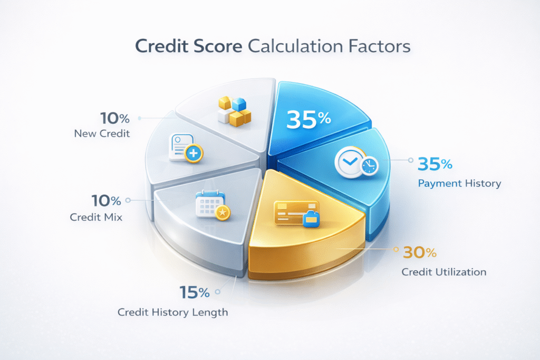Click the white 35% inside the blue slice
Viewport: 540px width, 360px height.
click(308, 120)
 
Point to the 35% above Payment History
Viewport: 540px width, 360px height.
click(435, 164)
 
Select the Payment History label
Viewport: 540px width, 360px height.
click(459, 184)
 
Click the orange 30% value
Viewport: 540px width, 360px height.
click(420, 253)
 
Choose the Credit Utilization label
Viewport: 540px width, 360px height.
click(443, 272)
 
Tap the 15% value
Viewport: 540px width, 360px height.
click(195, 292)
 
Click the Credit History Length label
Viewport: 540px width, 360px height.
click(173, 312)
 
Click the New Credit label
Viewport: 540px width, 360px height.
click(102, 134)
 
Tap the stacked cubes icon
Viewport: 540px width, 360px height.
click(234, 110)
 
